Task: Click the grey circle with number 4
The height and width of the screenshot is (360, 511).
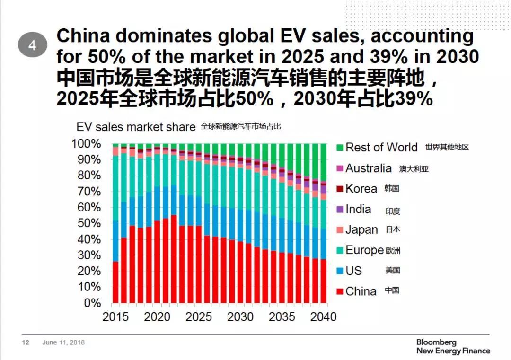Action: pos(33,45)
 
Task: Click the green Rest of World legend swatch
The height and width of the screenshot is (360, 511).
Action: pos(339,148)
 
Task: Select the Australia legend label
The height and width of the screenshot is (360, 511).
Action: pos(368,168)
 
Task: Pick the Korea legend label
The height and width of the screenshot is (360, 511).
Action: pos(361,189)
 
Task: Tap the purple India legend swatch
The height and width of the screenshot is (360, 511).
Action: pos(339,210)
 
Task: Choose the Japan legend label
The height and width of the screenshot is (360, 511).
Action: pos(361,230)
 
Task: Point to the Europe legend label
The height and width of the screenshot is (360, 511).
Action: pos(364,250)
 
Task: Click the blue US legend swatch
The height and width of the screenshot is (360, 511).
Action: pos(339,271)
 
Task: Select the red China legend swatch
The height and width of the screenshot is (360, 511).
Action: pos(339,291)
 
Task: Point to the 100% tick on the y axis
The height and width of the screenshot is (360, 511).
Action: pos(86,143)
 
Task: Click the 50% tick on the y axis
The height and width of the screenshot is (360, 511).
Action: pos(88,223)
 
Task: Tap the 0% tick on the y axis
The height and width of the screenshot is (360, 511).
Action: pos(92,302)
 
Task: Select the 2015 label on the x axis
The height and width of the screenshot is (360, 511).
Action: pos(115,316)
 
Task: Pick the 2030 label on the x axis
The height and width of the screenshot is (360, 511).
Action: pos(240,316)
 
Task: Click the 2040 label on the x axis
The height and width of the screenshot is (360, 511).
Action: pos(324,316)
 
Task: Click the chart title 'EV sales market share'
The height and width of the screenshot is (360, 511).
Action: pos(136,127)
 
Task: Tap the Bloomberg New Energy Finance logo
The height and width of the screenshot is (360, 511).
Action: pos(453,346)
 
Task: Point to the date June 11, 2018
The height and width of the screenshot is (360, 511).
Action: pos(63,342)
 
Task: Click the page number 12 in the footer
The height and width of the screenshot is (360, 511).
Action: pos(26,342)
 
